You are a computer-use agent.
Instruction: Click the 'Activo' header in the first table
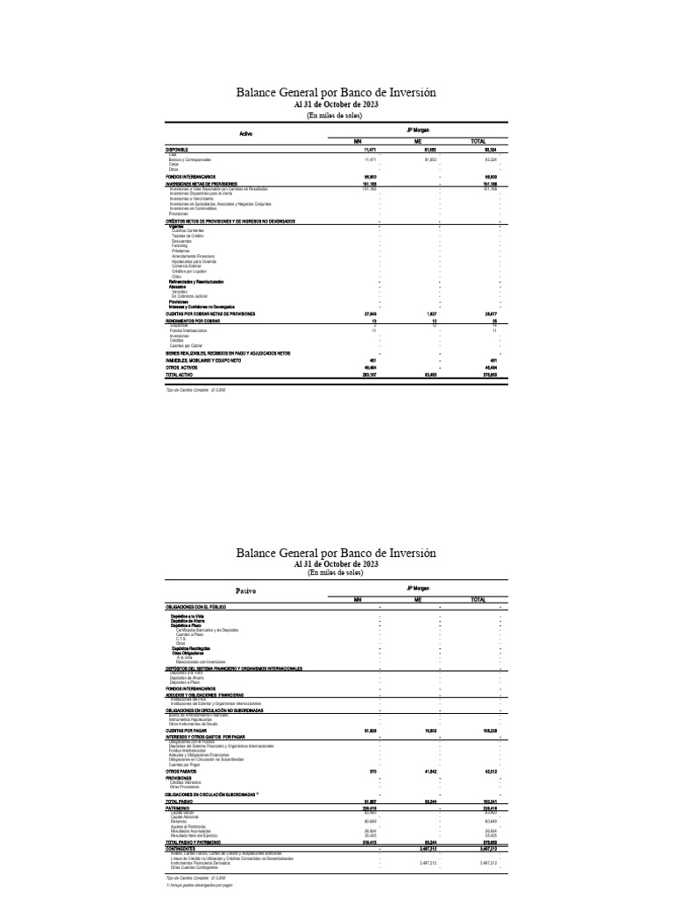tap(245, 133)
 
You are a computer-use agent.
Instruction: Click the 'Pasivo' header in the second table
tap(246, 592)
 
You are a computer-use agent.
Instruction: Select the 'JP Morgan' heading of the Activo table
tap(419, 129)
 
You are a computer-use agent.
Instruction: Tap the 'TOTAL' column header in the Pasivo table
tap(478, 600)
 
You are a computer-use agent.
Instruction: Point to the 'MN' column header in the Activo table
tap(358, 140)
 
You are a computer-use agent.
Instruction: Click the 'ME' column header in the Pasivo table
tap(418, 600)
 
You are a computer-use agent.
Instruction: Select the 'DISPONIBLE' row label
tap(177, 151)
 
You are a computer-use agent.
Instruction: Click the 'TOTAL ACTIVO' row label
tap(181, 375)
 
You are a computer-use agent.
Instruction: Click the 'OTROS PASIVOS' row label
tap(181, 771)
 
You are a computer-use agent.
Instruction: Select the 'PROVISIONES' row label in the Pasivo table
tap(179, 777)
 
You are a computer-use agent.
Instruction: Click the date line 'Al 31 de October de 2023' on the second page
tap(336, 564)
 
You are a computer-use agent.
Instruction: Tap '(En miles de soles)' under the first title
tap(336, 115)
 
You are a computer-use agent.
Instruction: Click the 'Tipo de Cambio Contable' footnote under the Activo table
tap(195, 389)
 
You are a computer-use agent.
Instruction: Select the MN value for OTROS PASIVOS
tap(371, 771)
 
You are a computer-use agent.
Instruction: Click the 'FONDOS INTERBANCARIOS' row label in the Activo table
tap(190, 176)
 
